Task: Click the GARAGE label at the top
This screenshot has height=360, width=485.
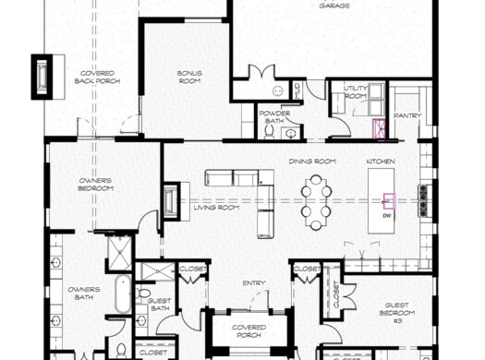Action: [x=333, y=6]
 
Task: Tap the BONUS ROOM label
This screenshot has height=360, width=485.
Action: [x=189, y=77]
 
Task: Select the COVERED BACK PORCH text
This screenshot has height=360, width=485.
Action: [x=97, y=77]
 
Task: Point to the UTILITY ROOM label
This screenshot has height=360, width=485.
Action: [x=356, y=92]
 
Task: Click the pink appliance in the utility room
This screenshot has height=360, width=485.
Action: [x=378, y=128]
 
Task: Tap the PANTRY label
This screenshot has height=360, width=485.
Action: [x=407, y=115]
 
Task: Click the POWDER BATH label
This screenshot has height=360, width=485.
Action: [x=275, y=116]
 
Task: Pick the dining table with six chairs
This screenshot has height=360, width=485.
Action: [x=316, y=201]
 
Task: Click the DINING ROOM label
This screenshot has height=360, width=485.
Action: [x=311, y=162]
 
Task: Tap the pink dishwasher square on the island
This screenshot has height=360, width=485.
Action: [x=389, y=199]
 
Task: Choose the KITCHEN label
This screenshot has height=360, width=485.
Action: [x=382, y=162]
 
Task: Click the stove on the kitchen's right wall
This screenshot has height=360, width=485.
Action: [x=423, y=200]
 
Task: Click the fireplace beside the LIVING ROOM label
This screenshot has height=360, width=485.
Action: [x=171, y=201]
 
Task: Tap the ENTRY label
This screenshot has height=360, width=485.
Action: [x=254, y=283]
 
